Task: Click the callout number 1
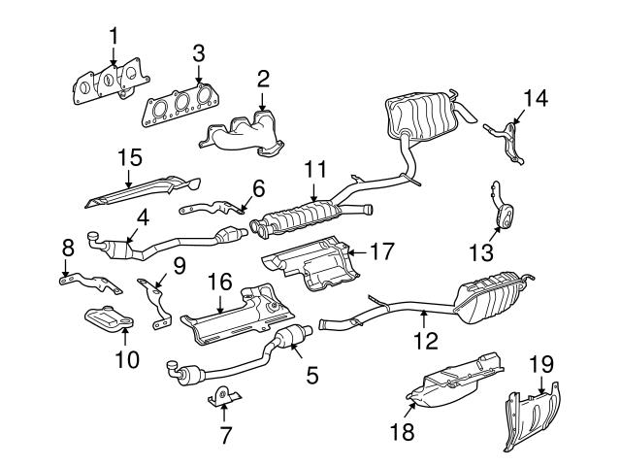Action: (x=114, y=36)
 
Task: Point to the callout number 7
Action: (x=225, y=434)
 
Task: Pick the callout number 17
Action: (x=382, y=250)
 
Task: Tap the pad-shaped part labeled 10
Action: (x=110, y=317)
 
